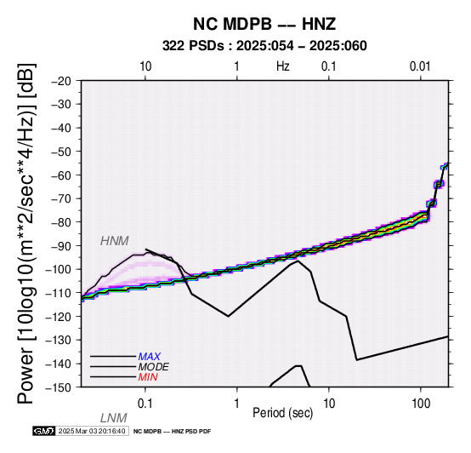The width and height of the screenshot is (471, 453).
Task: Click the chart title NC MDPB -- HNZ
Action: click(x=264, y=24)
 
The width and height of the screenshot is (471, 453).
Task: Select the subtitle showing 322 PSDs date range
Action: click(x=264, y=46)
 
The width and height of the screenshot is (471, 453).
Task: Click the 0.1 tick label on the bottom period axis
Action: click(x=145, y=404)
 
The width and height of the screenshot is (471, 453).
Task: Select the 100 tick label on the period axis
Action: click(x=421, y=404)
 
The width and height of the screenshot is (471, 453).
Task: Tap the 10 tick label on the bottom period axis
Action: click(x=329, y=404)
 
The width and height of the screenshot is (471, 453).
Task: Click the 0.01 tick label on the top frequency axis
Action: click(x=420, y=66)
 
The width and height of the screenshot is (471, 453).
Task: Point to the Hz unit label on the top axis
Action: click(x=283, y=66)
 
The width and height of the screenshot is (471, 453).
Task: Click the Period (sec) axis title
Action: click(x=283, y=413)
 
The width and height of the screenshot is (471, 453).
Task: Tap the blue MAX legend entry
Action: click(x=150, y=357)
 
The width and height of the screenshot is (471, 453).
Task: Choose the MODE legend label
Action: click(x=154, y=367)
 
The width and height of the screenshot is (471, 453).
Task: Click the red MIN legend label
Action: click(x=148, y=377)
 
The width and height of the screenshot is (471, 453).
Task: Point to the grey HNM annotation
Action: click(x=115, y=241)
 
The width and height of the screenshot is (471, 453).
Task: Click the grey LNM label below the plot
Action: click(x=114, y=418)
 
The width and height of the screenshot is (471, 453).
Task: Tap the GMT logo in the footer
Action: click(x=44, y=431)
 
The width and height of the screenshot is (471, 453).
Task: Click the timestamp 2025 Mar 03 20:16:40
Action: click(x=92, y=431)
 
